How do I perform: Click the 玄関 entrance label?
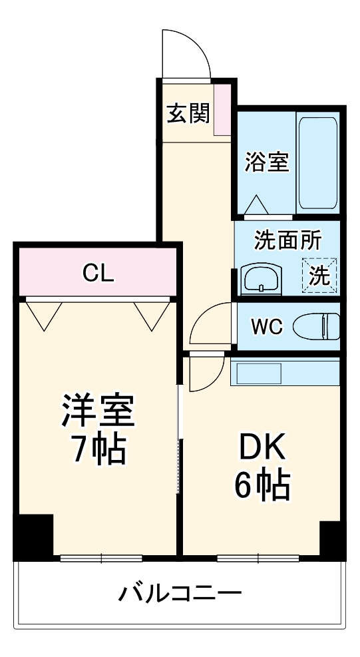tap(188, 113)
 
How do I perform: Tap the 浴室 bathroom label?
tap(268, 162)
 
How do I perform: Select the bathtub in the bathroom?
tap(318, 163)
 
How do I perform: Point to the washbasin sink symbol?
tap(262, 278)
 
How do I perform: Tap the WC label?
tap(268, 327)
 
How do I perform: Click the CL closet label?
tap(98, 272)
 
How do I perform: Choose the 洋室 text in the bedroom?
tap(99, 411)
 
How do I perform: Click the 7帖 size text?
tap(98, 452)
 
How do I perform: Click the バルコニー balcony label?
tap(180, 592)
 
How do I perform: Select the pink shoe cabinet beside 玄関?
tap(222, 110)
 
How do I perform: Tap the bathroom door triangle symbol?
tap(258, 206)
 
